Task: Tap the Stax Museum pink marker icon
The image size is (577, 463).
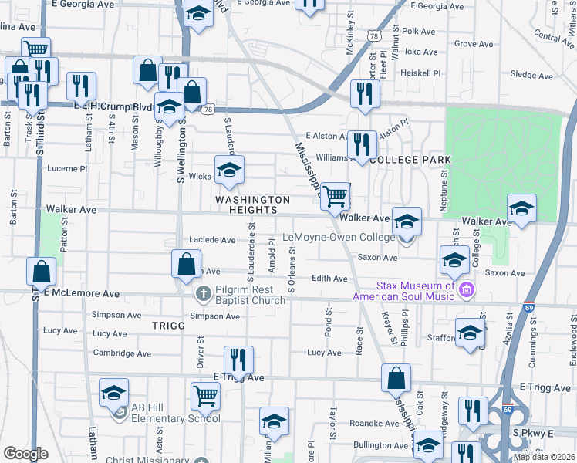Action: (x=465, y=290)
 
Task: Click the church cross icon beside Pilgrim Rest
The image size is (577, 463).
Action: (x=203, y=293)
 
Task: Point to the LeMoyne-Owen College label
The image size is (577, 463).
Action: (x=339, y=237)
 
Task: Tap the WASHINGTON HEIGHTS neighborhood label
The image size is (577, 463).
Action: (x=253, y=205)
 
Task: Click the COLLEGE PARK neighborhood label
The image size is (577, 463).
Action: (x=410, y=159)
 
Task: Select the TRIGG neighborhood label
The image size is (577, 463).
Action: (x=168, y=326)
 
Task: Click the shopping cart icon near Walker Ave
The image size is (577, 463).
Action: (x=336, y=196)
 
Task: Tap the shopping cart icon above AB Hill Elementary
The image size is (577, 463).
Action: (x=206, y=397)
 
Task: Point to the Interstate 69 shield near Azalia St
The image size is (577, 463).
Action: (x=529, y=306)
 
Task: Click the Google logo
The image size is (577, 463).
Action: (x=25, y=454)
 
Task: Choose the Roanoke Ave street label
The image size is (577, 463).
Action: (x=375, y=423)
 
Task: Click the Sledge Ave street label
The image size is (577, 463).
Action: (x=532, y=76)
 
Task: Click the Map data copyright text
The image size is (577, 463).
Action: (x=544, y=457)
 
